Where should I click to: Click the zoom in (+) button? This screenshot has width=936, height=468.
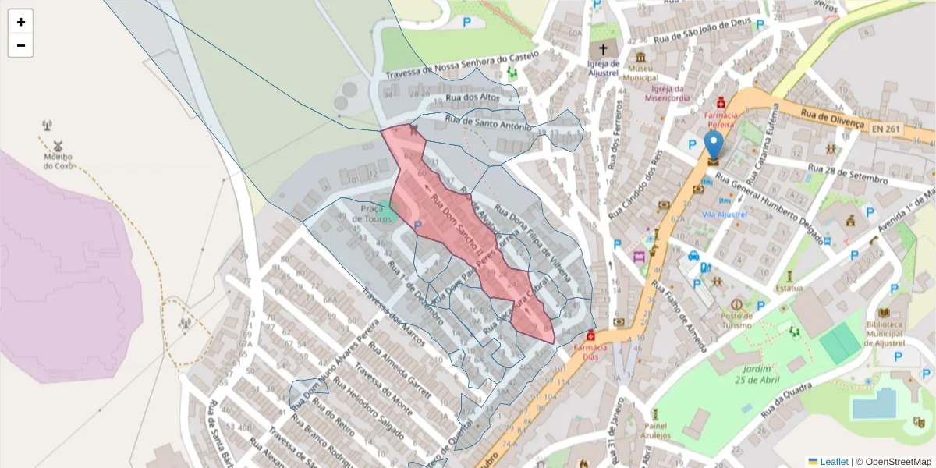[x=21, y=22]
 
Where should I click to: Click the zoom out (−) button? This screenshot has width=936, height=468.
[x=21, y=45]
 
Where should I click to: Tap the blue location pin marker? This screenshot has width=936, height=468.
[x=713, y=145]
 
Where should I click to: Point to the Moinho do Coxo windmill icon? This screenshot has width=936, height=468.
[x=57, y=146]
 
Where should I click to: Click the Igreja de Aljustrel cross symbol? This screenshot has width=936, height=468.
[x=603, y=49]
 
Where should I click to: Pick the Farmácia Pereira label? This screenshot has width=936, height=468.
[x=721, y=119]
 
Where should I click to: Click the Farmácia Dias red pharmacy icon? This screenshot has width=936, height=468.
[x=590, y=335]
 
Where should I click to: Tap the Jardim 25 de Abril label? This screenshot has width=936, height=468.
[x=757, y=374]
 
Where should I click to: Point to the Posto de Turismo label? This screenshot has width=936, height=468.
[x=736, y=320]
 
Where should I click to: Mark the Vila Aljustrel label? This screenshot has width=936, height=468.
[x=725, y=214]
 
